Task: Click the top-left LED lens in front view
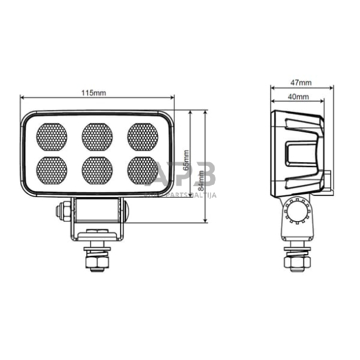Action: click(52, 136)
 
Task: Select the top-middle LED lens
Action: click(97, 136)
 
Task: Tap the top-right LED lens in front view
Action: click(142, 136)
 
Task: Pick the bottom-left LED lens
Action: click(52, 171)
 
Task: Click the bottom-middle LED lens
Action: click(97, 171)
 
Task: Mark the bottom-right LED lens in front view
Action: click(142, 171)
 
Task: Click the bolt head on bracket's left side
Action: click(61, 212)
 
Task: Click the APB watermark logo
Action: click(183, 175)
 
